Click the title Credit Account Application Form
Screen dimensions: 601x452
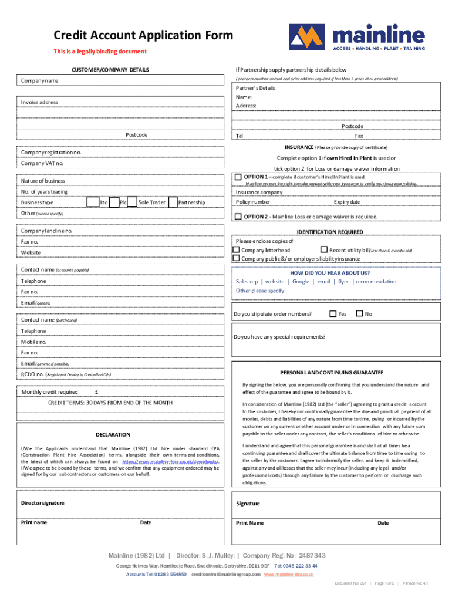click(x=143, y=35)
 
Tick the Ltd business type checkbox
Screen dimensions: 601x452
click(x=93, y=202)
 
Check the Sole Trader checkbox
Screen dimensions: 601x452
click(x=133, y=202)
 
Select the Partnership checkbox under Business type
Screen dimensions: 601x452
click(x=173, y=202)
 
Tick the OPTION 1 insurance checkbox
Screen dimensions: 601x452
click(x=238, y=177)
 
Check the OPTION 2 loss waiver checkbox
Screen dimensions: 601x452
click(x=238, y=216)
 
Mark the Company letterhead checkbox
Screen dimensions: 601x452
click(x=237, y=250)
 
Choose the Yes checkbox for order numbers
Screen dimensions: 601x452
click(x=333, y=313)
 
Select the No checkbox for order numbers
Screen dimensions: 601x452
click(x=360, y=313)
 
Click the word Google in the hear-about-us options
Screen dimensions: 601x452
click(x=301, y=282)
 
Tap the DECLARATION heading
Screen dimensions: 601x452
click(x=113, y=434)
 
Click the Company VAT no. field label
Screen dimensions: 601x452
click(x=42, y=163)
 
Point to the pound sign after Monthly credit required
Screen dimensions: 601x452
click(x=96, y=392)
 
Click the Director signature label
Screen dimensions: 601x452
click(x=43, y=503)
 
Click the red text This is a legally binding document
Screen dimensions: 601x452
click(x=100, y=52)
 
